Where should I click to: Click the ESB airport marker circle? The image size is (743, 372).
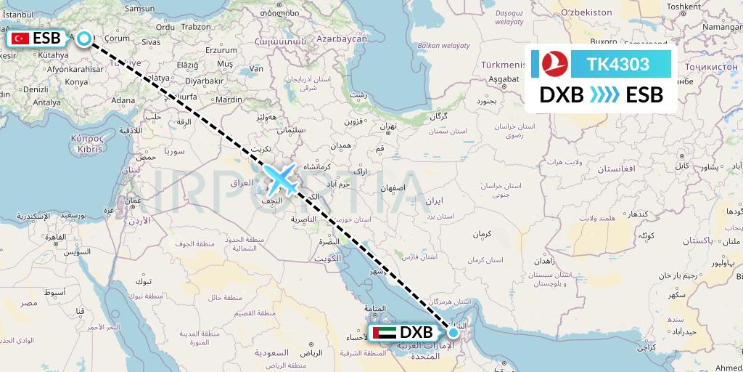[85, 39]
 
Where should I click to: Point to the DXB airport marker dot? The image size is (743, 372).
[453, 333]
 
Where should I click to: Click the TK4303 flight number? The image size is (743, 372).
[618, 64]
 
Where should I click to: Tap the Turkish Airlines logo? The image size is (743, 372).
[555, 65]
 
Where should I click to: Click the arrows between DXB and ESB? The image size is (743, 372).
[604, 95]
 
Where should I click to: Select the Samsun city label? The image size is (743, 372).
[139, 8]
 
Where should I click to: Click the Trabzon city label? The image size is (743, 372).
[196, 26]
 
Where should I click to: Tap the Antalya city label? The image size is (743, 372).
[47, 103]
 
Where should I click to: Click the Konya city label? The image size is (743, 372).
[76, 83]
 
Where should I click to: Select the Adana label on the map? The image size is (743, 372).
[123, 100]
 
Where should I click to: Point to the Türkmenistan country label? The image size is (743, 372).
[499, 65]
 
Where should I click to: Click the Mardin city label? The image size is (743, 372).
[229, 99]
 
